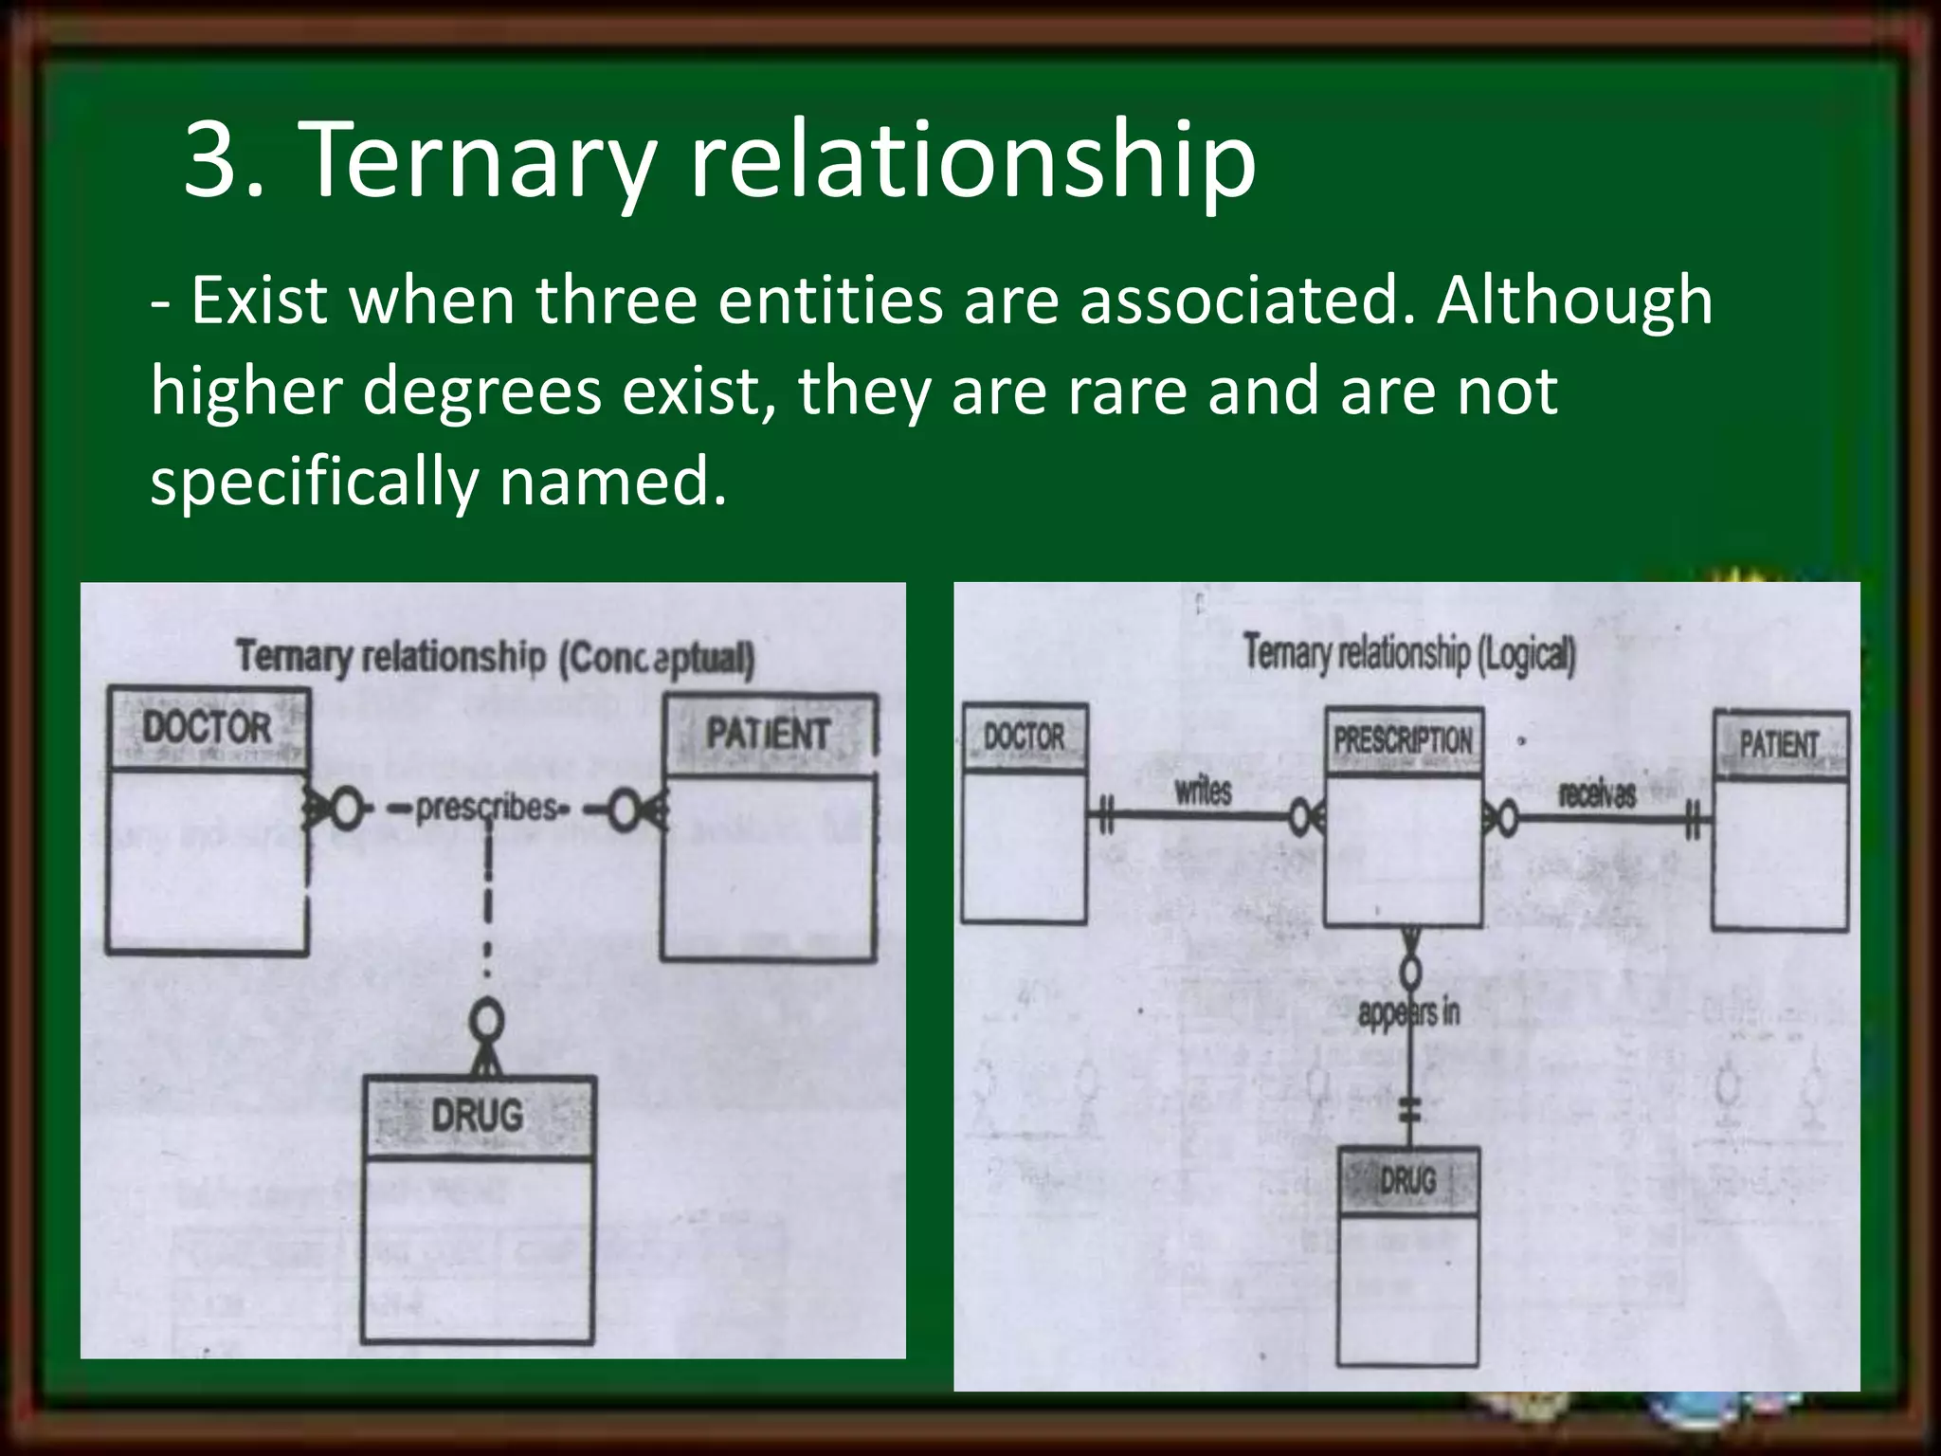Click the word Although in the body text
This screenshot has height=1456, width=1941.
[1573, 301]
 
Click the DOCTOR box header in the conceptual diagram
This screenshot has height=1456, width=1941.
[208, 728]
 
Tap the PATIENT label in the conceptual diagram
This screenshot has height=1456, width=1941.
[768, 735]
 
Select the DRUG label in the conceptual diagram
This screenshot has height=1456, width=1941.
[477, 1115]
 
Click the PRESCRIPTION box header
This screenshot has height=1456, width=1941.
[1403, 741]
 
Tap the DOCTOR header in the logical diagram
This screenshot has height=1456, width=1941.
[1024, 737]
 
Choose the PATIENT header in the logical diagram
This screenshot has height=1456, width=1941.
[1779, 745]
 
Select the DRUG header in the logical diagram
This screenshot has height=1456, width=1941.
[1407, 1181]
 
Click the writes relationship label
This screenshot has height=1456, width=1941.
[1203, 791]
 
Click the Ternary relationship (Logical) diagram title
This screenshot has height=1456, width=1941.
[1408, 653]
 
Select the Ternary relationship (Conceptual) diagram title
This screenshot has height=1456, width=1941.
[495, 657]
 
